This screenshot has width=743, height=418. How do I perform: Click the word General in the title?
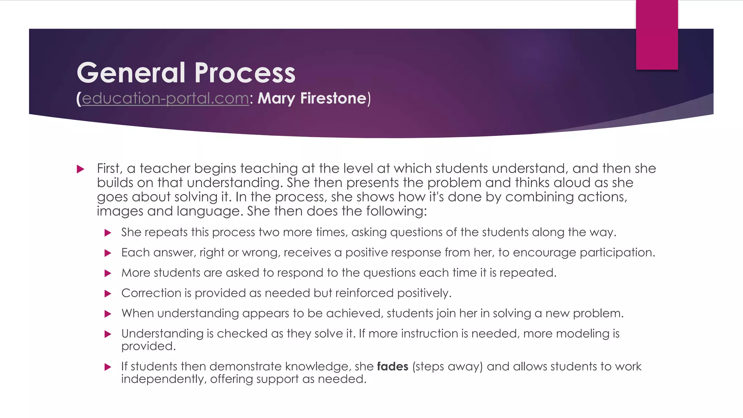[x=131, y=73]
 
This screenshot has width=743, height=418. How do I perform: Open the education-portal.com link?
[x=165, y=98]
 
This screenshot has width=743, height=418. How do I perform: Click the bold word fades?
[x=393, y=366]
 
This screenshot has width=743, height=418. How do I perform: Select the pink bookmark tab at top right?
[x=657, y=34]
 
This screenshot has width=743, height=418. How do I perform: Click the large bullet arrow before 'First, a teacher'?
[x=81, y=169]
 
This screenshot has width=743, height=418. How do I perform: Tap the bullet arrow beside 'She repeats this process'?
[x=108, y=233]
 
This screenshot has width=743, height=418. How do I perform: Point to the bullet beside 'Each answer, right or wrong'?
[x=108, y=253]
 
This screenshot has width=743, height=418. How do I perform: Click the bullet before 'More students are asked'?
[x=108, y=274]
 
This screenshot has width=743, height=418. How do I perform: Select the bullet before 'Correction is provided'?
[x=108, y=294]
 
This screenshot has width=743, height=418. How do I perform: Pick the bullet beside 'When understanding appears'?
[x=108, y=314]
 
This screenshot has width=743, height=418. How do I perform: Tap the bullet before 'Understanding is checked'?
[x=108, y=334]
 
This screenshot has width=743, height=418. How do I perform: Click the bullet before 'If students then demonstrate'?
[x=108, y=367]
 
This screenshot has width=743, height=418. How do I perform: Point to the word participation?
[x=617, y=253]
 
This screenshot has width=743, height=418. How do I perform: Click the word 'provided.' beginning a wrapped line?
[x=148, y=346]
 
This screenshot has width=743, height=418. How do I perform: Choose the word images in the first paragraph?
[x=120, y=211]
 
